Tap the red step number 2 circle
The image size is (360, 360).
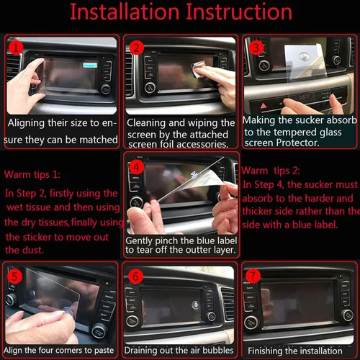(x=137, y=47)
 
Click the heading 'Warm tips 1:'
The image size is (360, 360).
(x=32, y=175)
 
